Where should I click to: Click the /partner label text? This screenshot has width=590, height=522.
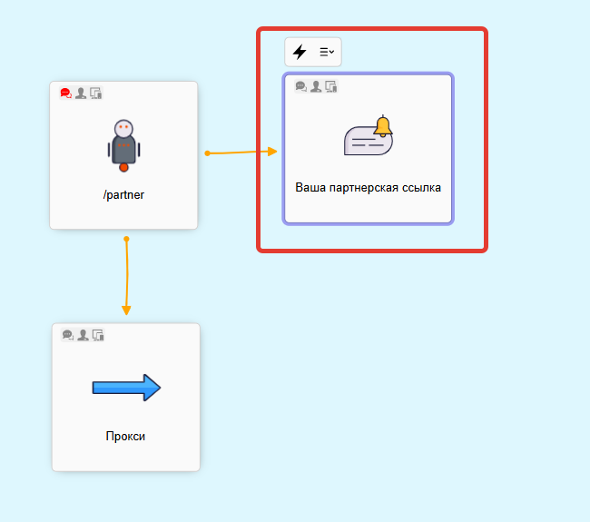(123, 194)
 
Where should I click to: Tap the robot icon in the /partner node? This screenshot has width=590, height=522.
(124, 143)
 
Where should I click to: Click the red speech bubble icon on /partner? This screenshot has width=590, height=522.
(66, 93)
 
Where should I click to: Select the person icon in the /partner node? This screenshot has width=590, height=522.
(81, 93)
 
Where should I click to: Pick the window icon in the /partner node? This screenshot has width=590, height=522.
(96, 93)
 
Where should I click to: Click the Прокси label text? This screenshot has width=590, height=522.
(125, 436)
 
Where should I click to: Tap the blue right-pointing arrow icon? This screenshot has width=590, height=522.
(126, 389)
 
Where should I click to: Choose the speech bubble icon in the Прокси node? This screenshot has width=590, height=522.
(68, 335)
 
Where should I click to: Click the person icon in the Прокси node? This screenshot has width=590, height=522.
(83, 335)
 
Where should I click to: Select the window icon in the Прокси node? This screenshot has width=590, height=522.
(98, 335)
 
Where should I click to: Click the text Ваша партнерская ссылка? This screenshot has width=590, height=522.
(368, 188)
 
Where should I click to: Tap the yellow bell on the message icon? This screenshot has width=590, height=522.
(382, 126)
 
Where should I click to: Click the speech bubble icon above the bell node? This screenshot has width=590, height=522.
(301, 86)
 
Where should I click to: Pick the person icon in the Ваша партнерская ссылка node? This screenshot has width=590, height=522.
(316, 86)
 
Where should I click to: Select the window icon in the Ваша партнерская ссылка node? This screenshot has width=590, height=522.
(331, 86)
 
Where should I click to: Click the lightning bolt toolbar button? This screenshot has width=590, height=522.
(300, 52)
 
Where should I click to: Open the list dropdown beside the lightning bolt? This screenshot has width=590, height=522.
(327, 52)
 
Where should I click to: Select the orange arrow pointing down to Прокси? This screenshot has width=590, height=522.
(126, 310)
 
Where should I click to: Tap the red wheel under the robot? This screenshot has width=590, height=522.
(124, 167)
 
